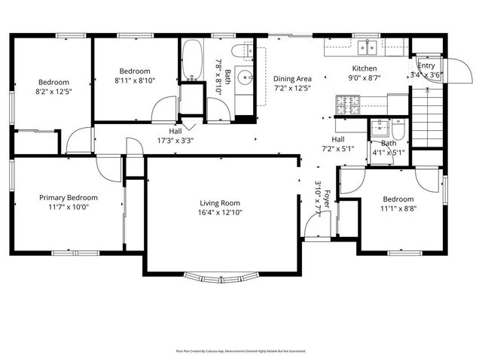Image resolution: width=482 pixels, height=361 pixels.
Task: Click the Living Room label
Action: [219, 203]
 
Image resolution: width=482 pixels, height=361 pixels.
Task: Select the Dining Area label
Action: [292, 79]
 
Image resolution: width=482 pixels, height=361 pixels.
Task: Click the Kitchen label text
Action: [353, 67]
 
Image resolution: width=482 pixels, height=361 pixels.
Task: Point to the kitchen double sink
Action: [368, 48]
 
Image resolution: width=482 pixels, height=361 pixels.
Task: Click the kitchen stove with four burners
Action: [349, 105]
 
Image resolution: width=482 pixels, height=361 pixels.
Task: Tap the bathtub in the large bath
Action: [191, 61]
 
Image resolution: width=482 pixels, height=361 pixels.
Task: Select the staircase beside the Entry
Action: [427, 113]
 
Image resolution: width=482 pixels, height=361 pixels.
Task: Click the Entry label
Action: [426, 65]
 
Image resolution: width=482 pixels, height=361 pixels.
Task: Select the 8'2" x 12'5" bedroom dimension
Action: [54, 92]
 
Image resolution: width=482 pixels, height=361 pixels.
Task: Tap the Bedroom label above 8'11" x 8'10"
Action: [136, 70]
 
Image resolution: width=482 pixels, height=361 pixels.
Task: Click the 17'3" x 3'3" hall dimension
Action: [175, 140]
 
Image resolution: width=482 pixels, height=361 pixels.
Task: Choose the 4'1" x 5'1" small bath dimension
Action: [389, 153]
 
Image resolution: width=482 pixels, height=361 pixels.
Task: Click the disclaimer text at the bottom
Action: [240, 350]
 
